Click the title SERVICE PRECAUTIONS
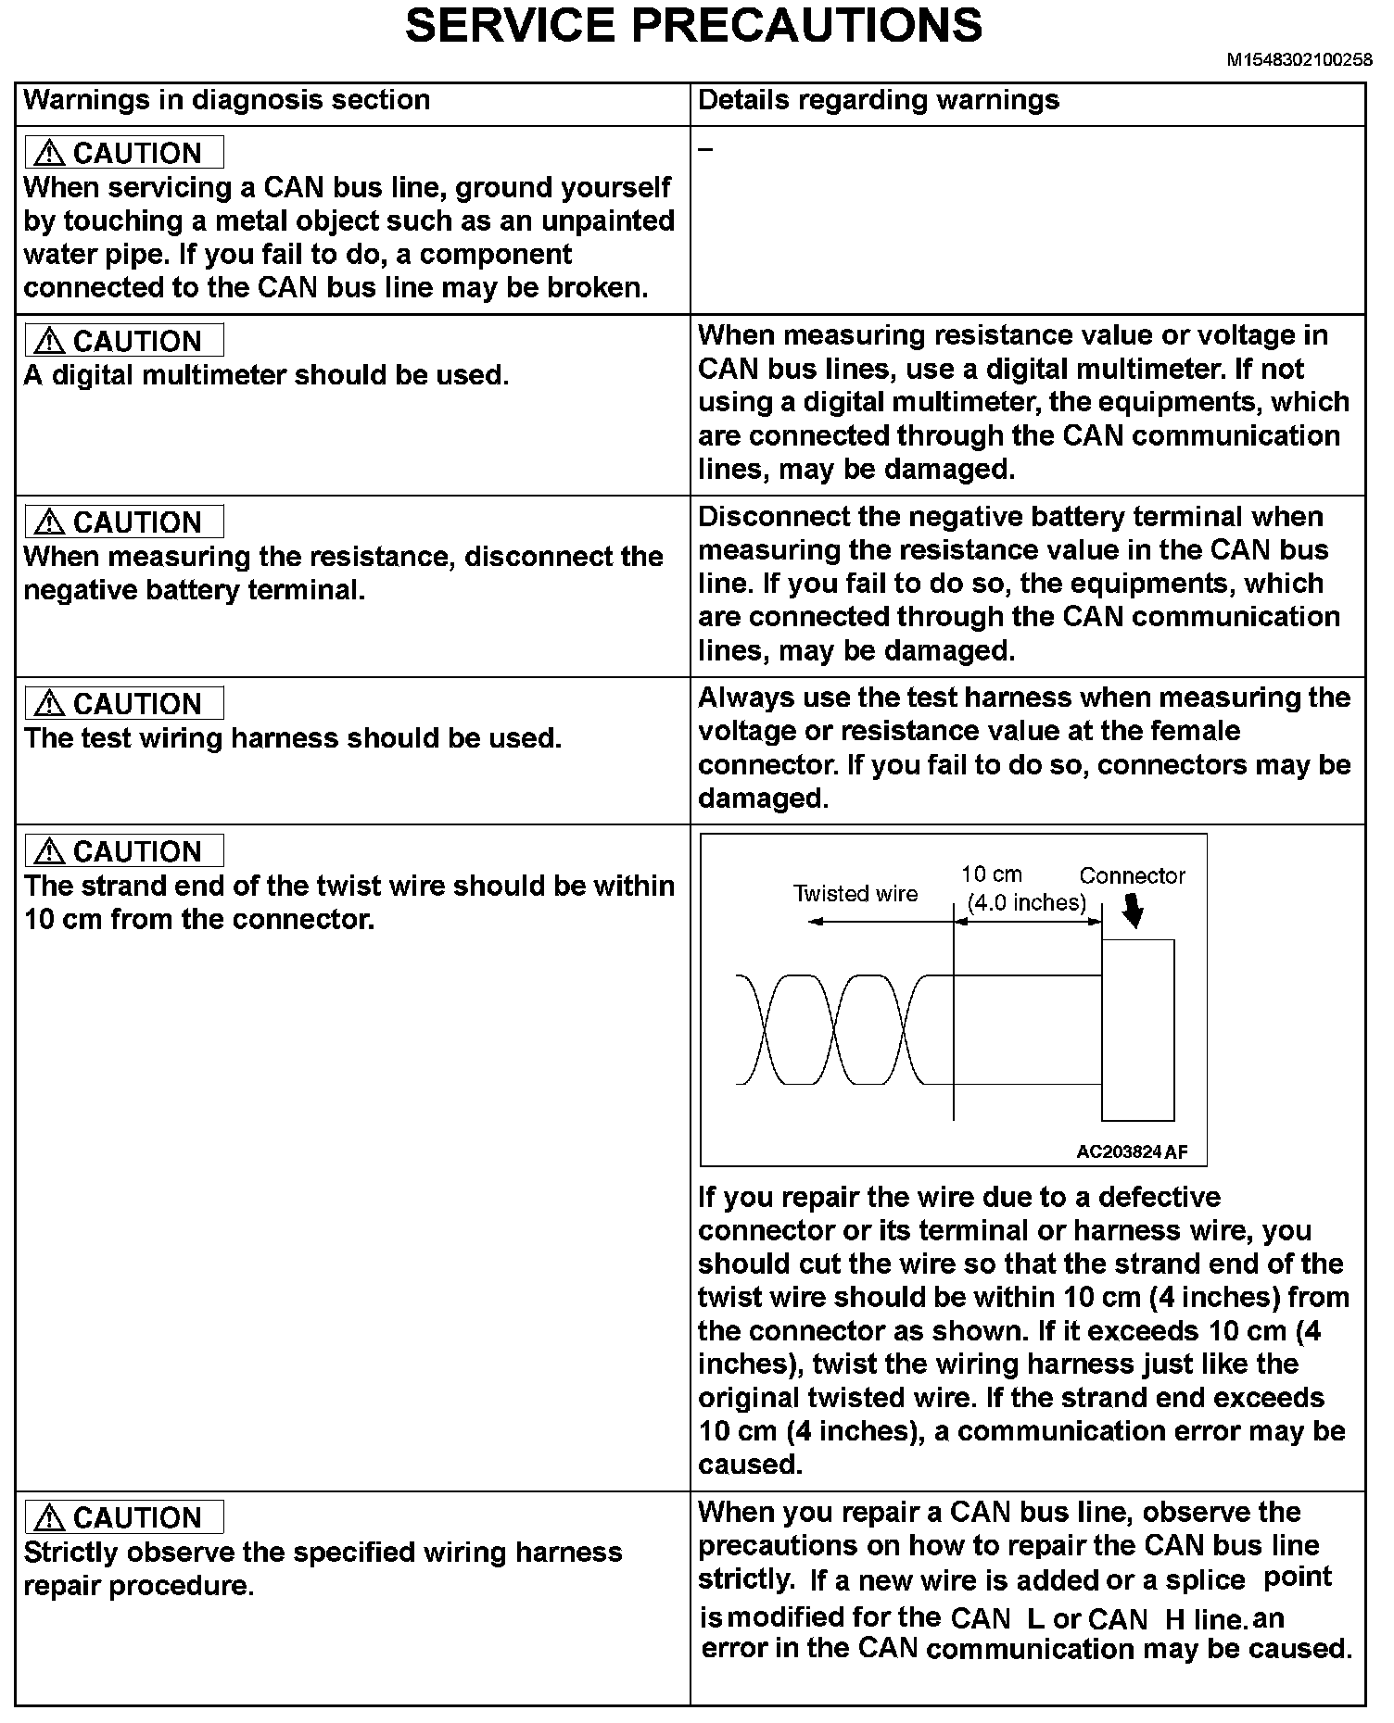tap(693, 26)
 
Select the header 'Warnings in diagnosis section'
tap(226, 100)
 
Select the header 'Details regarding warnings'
tap(878, 100)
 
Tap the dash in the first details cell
tap(705, 148)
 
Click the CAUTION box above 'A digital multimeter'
tap(124, 341)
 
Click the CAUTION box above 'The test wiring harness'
tap(124, 704)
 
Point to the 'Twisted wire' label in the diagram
tap(855, 894)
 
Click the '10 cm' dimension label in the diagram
tap(991, 874)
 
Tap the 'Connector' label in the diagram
tap(1132, 875)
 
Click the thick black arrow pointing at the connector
tap(1133, 914)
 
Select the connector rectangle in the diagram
tap(1137, 1029)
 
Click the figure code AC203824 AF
tap(1131, 1152)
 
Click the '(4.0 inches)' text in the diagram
tap(1026, 902)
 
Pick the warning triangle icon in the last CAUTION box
tap(48, 1518)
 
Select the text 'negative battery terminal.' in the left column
tap(194, 590)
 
